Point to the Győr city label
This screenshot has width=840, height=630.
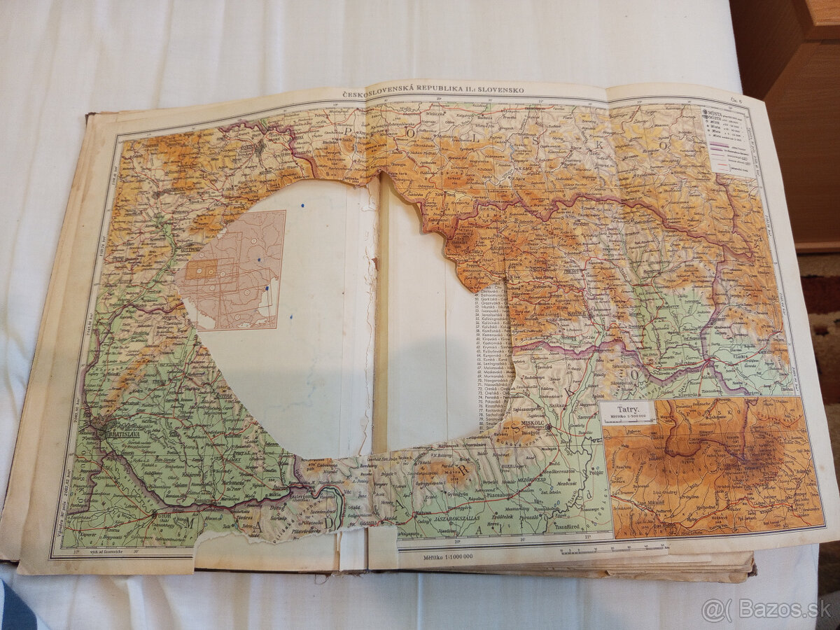pyautogui.click(x=163, y=516)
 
